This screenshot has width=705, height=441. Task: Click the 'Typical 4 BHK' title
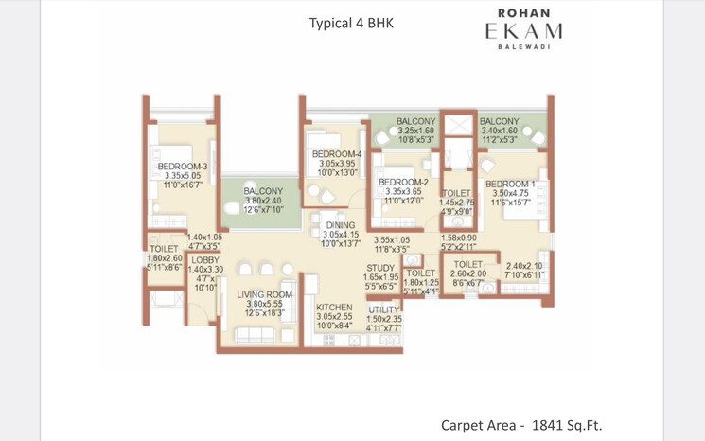(x=352, y=24)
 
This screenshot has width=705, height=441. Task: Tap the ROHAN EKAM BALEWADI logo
(x=524, y=29)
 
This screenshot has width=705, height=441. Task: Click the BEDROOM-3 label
(x=183, y=168)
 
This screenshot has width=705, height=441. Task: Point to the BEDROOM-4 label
(x=337, y=154)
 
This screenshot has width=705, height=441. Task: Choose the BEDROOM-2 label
(x=403, y=182)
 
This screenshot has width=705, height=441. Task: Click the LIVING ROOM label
(x=265, y=295)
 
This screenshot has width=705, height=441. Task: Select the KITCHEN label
(x=334, y=308)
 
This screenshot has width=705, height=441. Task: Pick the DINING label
(x=340, y=225)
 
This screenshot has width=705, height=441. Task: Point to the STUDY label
(x=379, y=268)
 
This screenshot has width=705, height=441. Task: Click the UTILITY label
(x=384, y=309)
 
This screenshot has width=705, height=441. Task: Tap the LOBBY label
(x=205, y=259)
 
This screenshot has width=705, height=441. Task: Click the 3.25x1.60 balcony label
(x=416, y=131)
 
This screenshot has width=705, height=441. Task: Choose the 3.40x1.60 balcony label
(x=499, y=131)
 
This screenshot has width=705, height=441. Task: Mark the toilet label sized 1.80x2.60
(x=163, y=257)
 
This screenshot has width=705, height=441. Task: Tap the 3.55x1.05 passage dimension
(x=391, y=239)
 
